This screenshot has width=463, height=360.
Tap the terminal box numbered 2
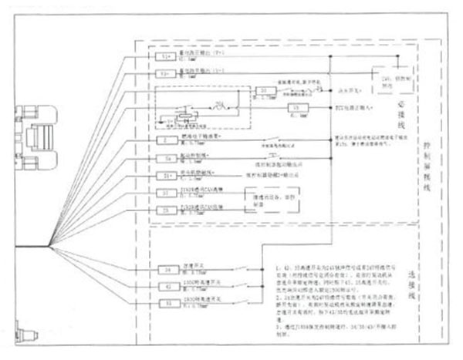point(167,140)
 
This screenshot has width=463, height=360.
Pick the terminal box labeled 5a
point(167,158)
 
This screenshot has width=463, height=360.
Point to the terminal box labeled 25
point(167,209)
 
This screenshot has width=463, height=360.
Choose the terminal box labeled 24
point(167,270)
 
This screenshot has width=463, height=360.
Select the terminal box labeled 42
point(167,287)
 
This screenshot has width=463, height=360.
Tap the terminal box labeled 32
point(167,304)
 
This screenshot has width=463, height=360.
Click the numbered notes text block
point(340,297)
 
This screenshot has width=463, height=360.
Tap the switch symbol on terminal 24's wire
point(242,269)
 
